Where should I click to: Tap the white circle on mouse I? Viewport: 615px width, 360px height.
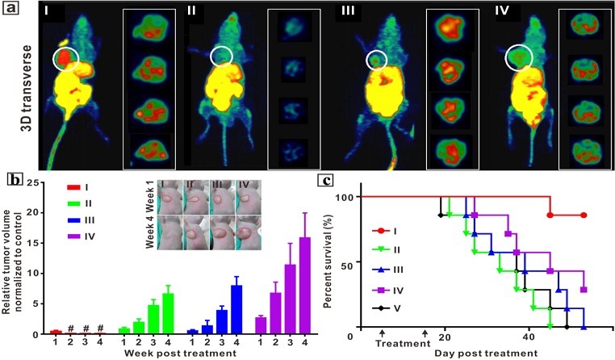point(66,58)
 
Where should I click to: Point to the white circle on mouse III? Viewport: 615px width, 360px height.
point(376,60)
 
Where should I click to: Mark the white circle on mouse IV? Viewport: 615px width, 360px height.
point(518,58)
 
